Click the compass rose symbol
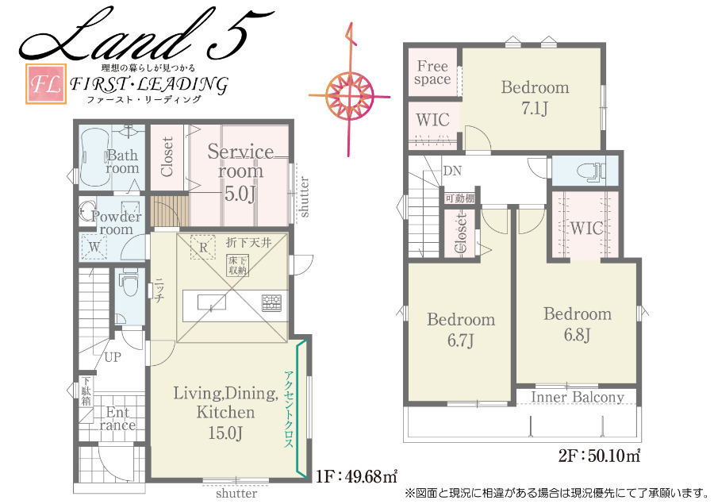tap(349, 95)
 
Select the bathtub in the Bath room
tap(94, 158)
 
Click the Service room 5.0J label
tap(240, 172)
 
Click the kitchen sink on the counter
tap(212, 302)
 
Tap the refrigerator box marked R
tap(202, 248)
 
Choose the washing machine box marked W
tap(94, 247)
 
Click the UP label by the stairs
tap(113, 357)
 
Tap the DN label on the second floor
tap(452, 171)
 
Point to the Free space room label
tap(432, 73)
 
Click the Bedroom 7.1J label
tap(535, 98)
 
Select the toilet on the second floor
tap(590, 171)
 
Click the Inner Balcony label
tap(577, 398)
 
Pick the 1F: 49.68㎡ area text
tap(356, 476)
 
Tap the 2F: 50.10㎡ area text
tap(599, 456)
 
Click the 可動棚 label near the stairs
tap(459, 198)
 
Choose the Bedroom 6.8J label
tap(578, 324)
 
